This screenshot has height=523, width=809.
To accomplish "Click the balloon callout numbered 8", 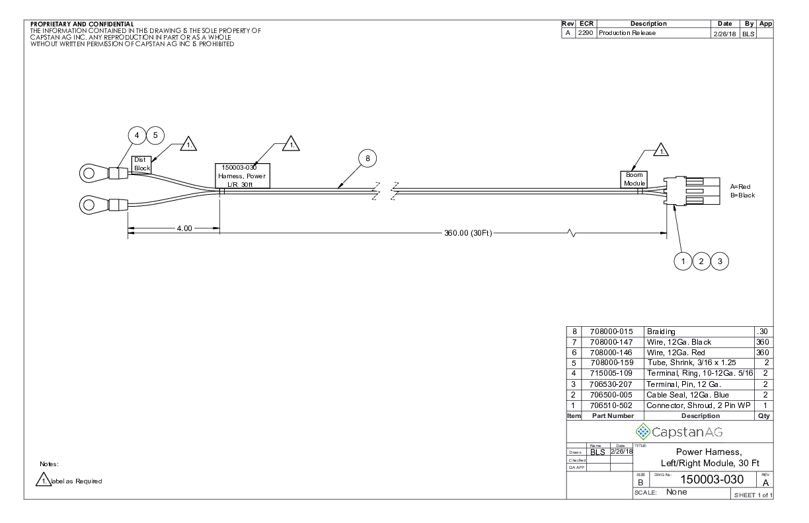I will click(x=367, y=158).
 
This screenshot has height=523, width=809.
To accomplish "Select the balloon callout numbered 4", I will click(x=137, y=135).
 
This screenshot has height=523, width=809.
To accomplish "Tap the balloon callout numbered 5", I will click(x=155, y=135).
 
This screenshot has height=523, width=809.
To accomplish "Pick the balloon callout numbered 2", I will click(x=701, y=261).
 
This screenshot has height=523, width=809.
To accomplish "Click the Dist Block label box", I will click(x=142, y=163).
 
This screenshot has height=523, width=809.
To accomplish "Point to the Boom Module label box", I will click(x=634, y=179).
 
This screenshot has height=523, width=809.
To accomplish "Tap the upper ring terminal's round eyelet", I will click(x=89, y=174).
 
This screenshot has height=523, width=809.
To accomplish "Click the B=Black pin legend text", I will click(x=742, y=195).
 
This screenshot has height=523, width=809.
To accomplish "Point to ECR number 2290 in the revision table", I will click(x=586, y=33).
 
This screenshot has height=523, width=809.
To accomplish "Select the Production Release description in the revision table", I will click(x=627, y=33).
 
